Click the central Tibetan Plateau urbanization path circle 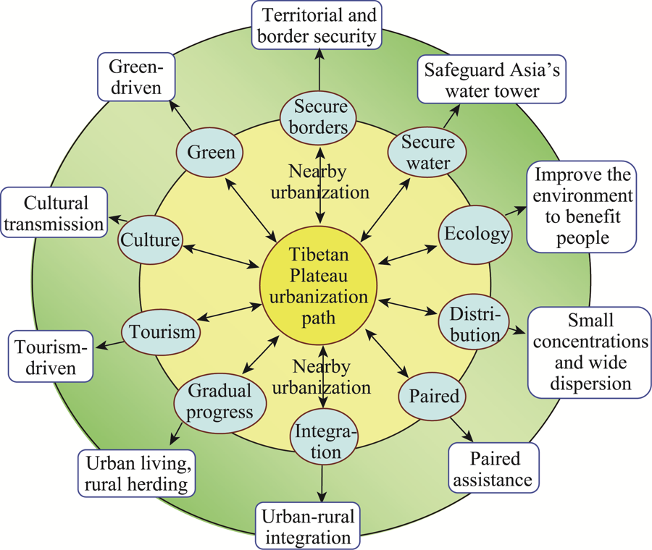[x=319, y=286]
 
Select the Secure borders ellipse [x=318, y=118]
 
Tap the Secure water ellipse [x=427, y=153]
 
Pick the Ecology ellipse [x=476, y=234]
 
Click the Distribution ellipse [x=474, y=322]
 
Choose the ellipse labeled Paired [x=432, y=396]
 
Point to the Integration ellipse [x=324, y=441]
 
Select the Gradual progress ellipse [x=220, y=402]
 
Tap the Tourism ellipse [x=161, y=332]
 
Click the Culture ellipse [x=150, y=240]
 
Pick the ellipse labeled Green [x=209, y=153]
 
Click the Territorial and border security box [x=317, y=25]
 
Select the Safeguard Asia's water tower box [x=491, y=80]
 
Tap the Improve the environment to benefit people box [x=581, y=207]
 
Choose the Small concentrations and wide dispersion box [x=590, y=352]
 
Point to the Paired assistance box [x=493, y=467]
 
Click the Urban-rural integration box [x=308, y=526]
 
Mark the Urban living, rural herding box [x=136, y=473]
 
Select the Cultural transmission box [x=54, y=212]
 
